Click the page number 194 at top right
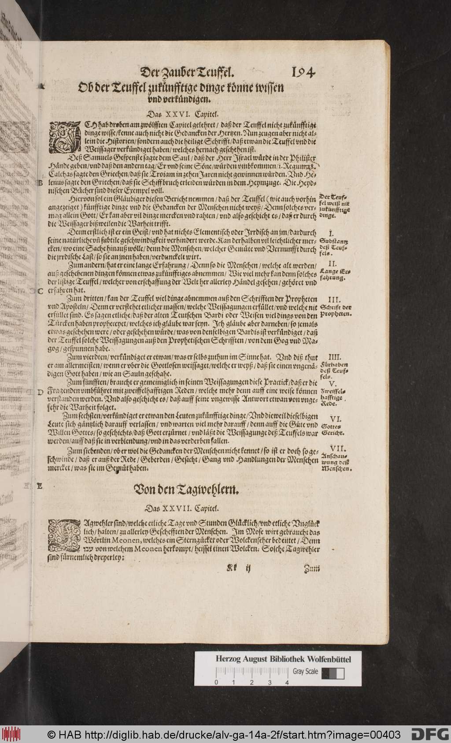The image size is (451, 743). pos(301,71)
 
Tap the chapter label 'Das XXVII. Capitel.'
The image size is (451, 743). pos(180,508)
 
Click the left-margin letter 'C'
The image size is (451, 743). pos(40,291)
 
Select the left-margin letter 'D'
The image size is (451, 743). pos(40,392)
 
